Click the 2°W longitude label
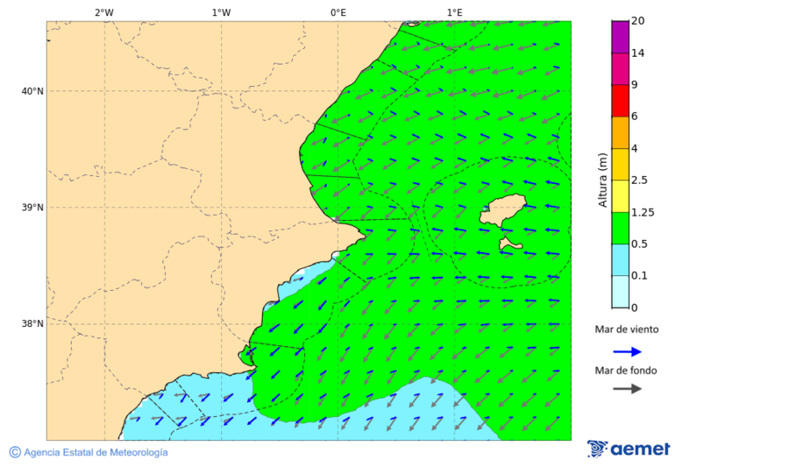click(103, 12)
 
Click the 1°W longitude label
click(221, 12)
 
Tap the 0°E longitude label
click(338, 12)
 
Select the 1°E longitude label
click(454, 12)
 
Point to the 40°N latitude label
click(32, 91)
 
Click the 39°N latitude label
click(32, 208)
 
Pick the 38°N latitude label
click(32, 324)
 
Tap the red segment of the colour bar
click(620, 101)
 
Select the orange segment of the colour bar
click(620, 132)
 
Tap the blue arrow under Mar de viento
click(627, 351)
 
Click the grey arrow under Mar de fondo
click(627, 388)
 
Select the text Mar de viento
click(626, 330)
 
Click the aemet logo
click(629, 449)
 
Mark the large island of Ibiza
click(503, 211)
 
